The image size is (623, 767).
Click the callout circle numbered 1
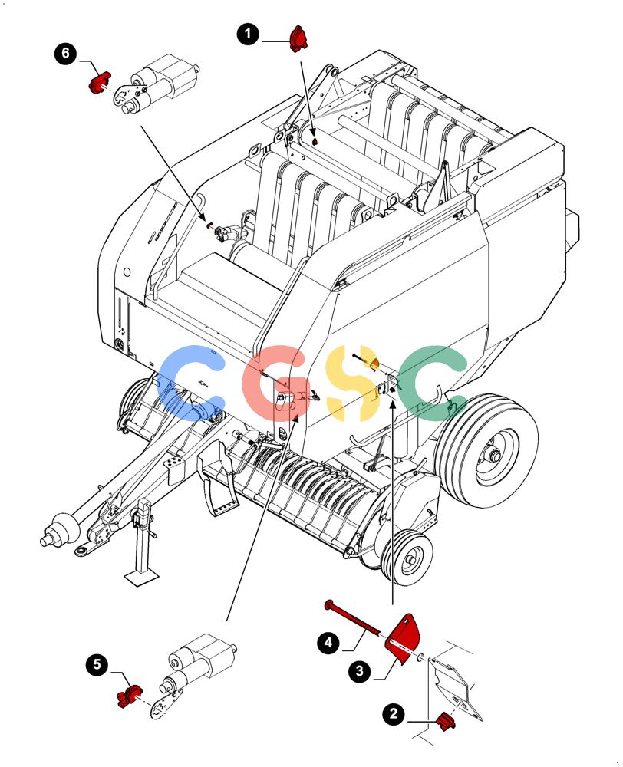click(x=248, y=35)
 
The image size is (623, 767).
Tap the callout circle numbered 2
click(x=394, y=713)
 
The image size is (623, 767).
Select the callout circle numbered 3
click(x=360, y=670)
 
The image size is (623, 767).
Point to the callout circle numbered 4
click(x=328, y=642)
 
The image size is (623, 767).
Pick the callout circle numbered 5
click(x=97, y=665)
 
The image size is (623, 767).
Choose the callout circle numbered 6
click(x=65, y=53)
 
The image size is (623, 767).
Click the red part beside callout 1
click(x=298, y=39)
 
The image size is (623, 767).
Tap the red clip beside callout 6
click(x=99, y=83)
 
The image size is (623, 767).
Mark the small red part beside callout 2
click(x=446, y=722)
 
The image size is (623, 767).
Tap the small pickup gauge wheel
click(x=407, y=558)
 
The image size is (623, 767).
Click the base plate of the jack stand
click(x=143, y=577)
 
